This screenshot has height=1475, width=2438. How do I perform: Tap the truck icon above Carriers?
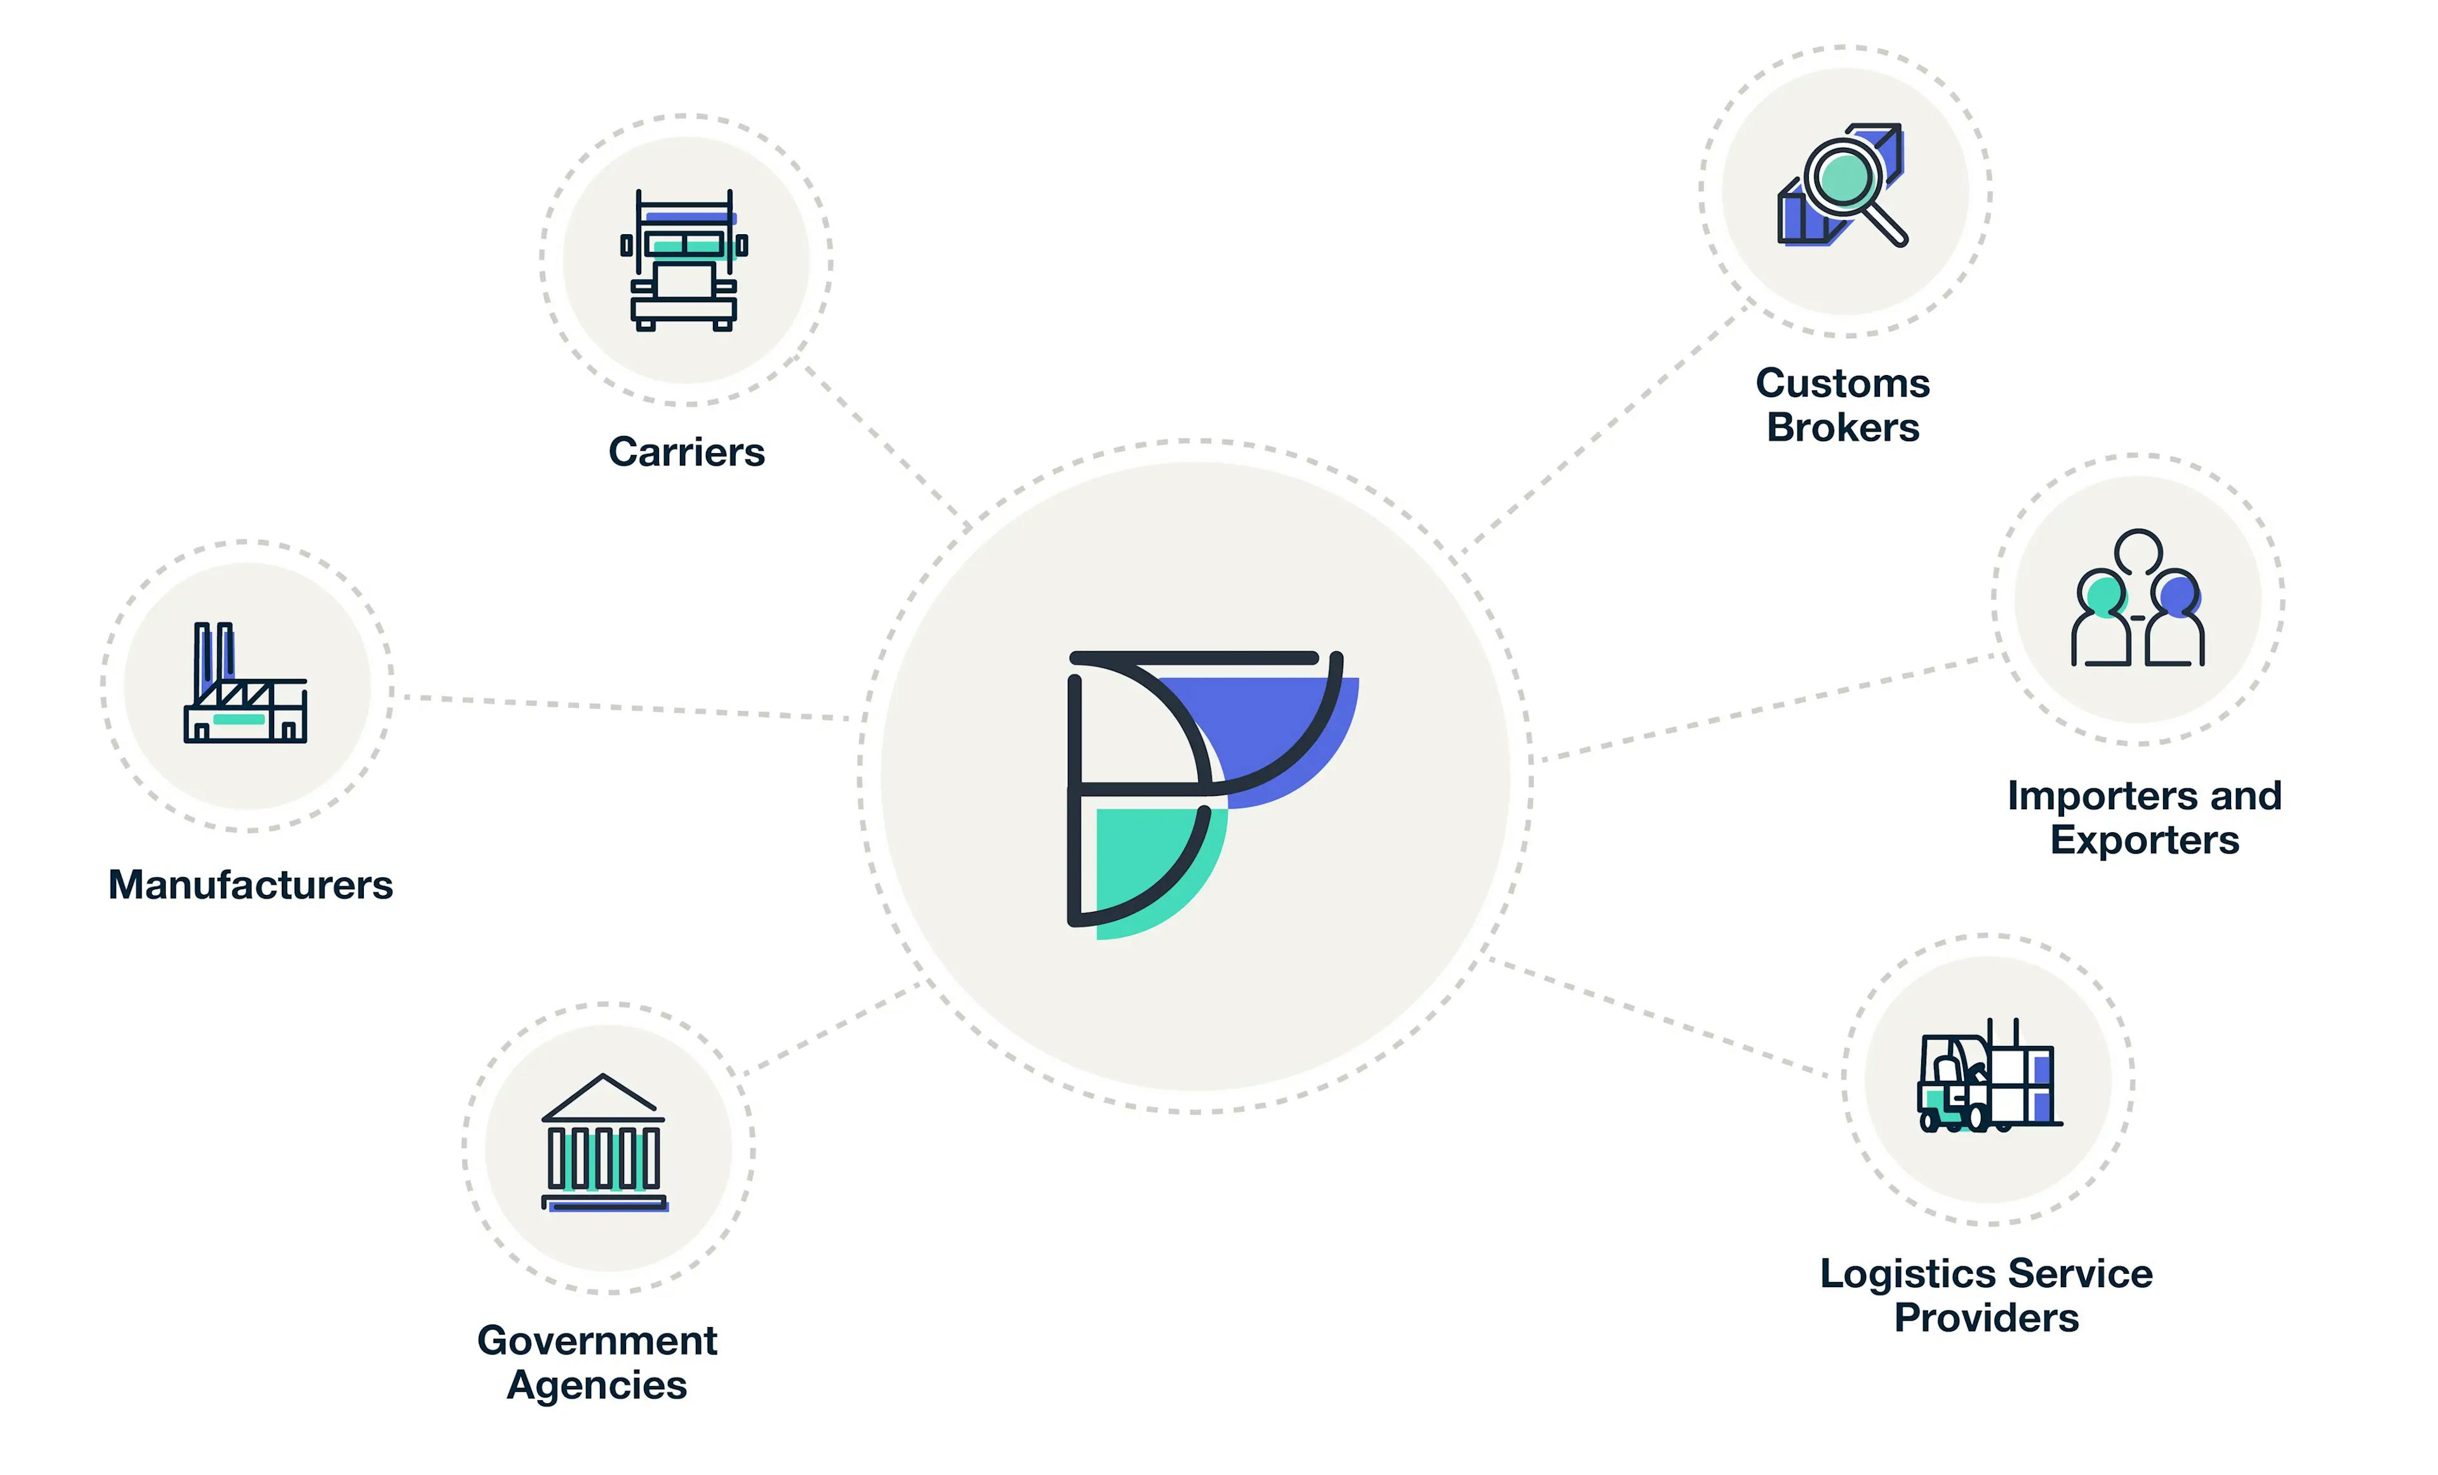[x=684, y=260]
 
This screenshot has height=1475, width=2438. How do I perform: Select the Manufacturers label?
[x=250, y=884]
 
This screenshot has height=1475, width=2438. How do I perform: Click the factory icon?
[x=245, y=682]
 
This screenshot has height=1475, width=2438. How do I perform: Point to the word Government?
[x=597, y=1340]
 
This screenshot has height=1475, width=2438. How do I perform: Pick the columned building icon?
[x=604, y=1142]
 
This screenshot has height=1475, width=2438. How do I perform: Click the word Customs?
[x=1842, y=383]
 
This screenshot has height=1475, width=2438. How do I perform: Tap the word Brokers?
[x=1842, y=427]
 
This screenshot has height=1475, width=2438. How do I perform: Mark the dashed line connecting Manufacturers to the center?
[x=626, y=707]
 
